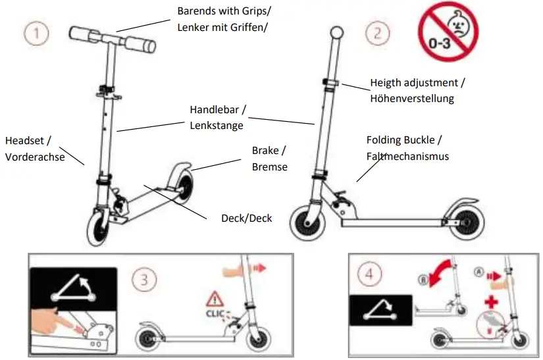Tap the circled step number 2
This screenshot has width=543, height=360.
click(x=377, y=33)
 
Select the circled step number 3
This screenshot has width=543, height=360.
click(x=143, y=279)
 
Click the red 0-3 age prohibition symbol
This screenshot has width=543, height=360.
click(x=448, y=31)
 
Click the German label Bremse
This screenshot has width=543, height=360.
click(x=269, y=167)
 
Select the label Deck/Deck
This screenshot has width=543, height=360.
click(x=246, y=218)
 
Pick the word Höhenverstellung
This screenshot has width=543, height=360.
click(x=412, y=99)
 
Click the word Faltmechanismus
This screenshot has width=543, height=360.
click(x=407, y=156)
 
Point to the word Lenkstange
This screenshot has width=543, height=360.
click(x=217, y=125)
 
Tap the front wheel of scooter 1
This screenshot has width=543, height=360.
click(x=99, y=227)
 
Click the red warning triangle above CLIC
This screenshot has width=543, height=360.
click(x=215, y=297)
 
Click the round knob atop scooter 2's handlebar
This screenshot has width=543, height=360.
click(x=338, y=32)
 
